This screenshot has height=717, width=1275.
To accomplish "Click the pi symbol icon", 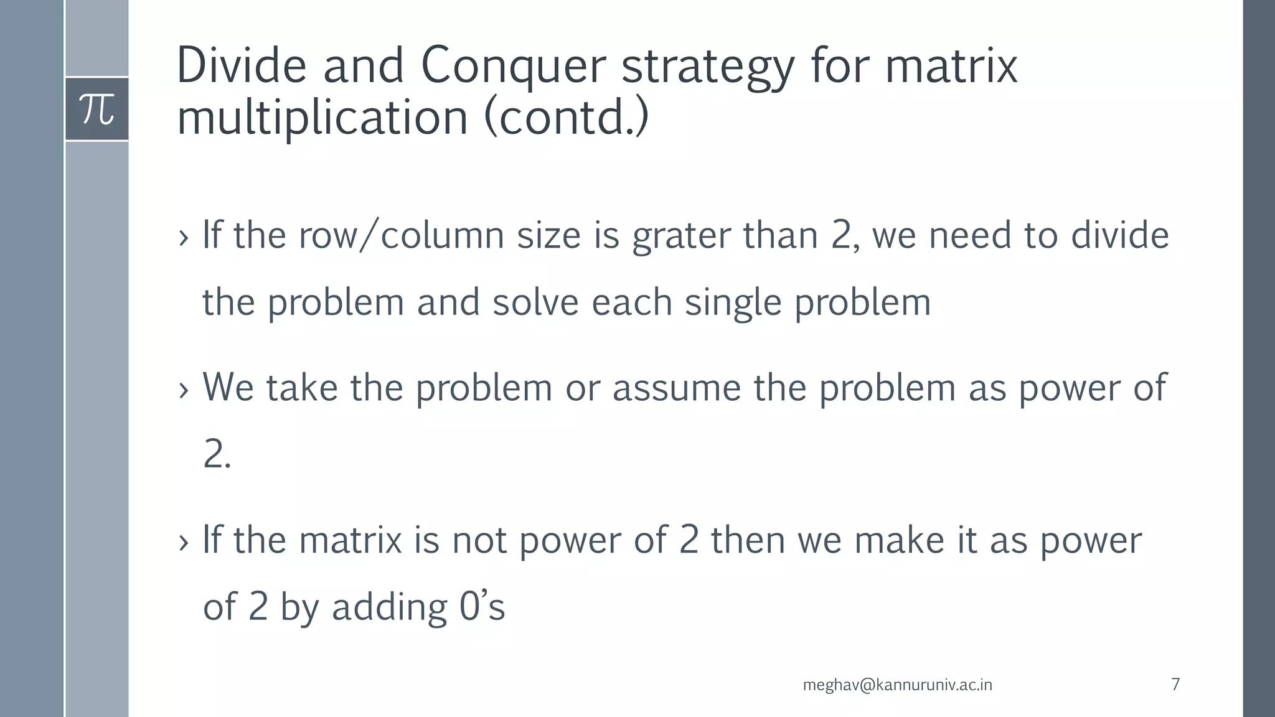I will (x=97, y=109).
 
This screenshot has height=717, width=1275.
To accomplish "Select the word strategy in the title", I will (x=708, y=67).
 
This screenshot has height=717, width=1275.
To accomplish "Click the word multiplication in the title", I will (x=322, y=118).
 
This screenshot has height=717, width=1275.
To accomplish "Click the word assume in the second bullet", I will (x=677, y=388).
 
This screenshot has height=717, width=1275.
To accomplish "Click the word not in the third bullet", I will (x=479, y=540).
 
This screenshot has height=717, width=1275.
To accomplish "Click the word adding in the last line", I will (x=389, y=608).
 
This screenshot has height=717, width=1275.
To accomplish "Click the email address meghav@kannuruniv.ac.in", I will (x=897, y=685).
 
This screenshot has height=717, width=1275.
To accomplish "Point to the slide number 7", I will (x=1175, y=684).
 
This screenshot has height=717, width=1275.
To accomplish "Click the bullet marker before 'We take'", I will (x=183, y=391).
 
